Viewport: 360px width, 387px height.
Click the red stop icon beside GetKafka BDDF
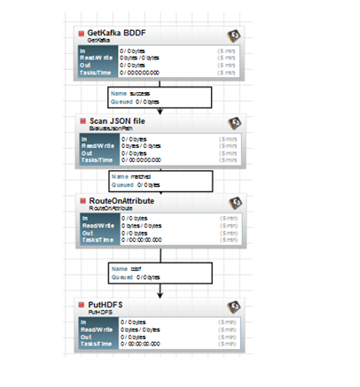[x=82, y=34]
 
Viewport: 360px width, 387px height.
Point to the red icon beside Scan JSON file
[x=82, y=120]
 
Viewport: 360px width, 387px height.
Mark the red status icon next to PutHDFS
[x=82, y=305]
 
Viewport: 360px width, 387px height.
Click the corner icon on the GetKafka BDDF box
[x=235, y=35]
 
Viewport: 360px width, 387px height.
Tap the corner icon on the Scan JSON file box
[x=235, y=122]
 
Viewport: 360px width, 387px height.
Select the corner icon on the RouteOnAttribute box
[x=235, y=205]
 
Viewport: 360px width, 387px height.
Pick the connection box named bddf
[x=160, y=273]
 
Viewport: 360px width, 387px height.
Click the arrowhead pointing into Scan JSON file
[x=160, y=112]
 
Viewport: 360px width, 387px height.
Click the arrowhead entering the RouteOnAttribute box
[x=160, y=194]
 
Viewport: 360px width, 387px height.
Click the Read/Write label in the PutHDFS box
[x=97, y=329]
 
